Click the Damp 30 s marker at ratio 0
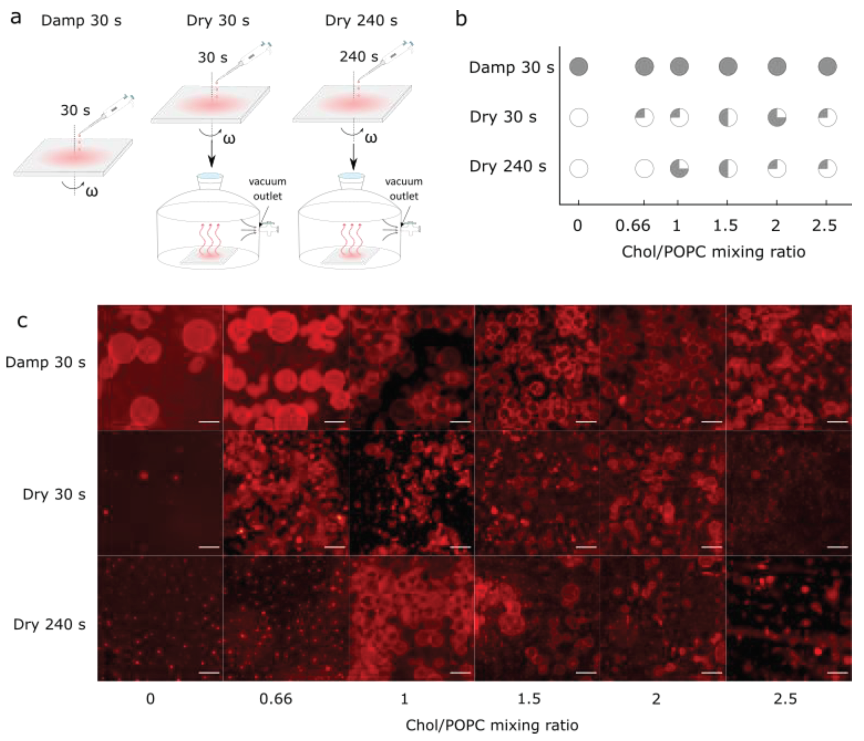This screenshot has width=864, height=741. click(579, 67)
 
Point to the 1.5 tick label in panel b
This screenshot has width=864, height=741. click(726, 226)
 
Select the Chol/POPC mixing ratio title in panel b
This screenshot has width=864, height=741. click(713, 252)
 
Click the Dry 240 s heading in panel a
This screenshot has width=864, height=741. click(361, 20)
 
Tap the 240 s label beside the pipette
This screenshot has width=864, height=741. click(359, 57)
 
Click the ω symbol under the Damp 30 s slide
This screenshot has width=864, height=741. click(92, 192)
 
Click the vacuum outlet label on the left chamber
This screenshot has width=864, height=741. click(267, 189)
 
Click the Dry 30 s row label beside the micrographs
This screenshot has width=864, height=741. click(54, 494)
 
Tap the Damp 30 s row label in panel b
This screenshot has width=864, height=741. click(511, 67)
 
